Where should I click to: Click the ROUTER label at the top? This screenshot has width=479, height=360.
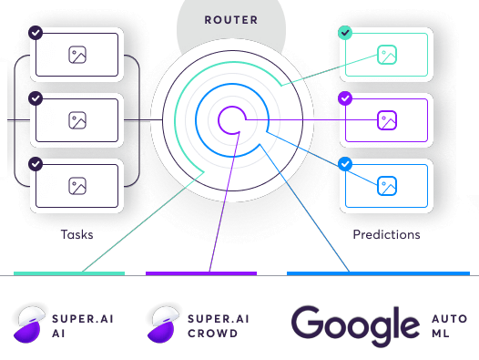tap(231, 19)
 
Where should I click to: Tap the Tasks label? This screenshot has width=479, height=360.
tap(76, 234)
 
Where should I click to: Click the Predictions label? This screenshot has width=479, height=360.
tap(386, 234)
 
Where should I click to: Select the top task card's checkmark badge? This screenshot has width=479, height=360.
tap(36, 33)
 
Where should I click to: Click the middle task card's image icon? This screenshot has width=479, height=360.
tap(76, 119)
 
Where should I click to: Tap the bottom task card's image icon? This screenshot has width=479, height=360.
tap(76, 186)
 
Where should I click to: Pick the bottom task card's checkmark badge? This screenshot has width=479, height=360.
tap(36, 164)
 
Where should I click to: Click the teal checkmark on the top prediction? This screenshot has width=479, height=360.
tap(345, 33)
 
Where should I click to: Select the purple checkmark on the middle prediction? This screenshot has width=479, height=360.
tap(345, 98)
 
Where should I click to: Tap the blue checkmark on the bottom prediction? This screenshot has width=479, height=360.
tap(345, 164)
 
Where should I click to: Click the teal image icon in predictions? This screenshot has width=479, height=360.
tap(387, 55)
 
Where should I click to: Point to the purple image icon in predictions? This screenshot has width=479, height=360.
tap(387, 119)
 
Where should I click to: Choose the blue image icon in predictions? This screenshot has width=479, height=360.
tap(387, 186)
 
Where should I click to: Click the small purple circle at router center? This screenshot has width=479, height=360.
tap(231, 119)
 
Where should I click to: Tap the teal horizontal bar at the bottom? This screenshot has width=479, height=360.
tap(69, 273)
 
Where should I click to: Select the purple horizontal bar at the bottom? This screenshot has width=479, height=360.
tap(201, 273)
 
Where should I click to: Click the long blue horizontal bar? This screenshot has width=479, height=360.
tap(378, 273)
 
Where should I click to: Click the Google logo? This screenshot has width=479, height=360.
tap(355, 326)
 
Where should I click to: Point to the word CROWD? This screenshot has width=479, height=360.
tap(212, 334)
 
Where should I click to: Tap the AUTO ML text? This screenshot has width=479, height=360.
tap(449, 326)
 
